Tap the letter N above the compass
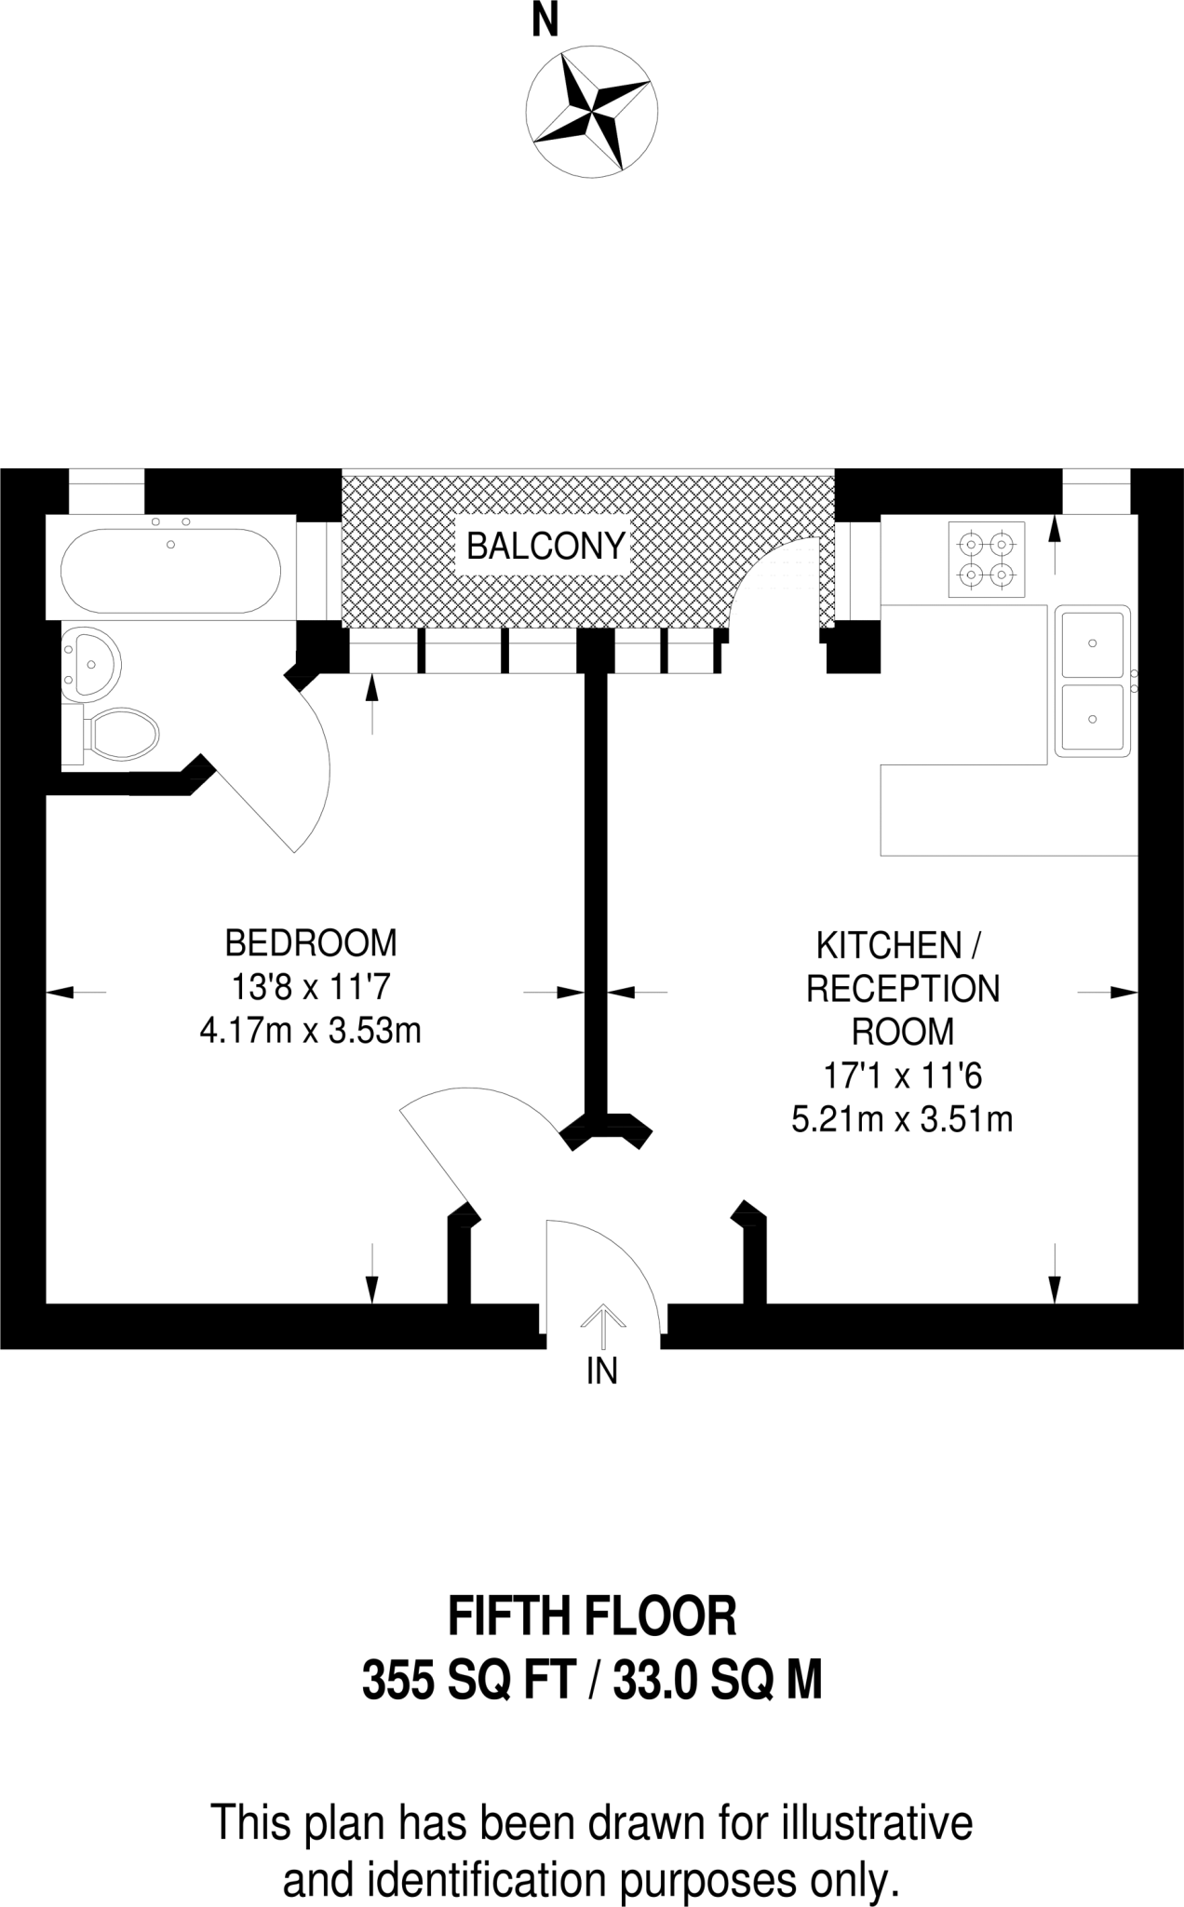point(545,20)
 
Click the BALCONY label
point(545,546)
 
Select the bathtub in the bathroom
point(170,571)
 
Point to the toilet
point(121,733)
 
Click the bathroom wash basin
point(90,662)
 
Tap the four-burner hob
point(987,559)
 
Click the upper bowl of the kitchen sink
point(1092,643)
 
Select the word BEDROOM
point(311,943)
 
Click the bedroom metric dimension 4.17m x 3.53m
point(311,1031)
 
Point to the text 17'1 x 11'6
point(902,1076)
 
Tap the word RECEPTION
point(902,989)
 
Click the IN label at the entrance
point(602,1372)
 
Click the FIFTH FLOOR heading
point(592,1617)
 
